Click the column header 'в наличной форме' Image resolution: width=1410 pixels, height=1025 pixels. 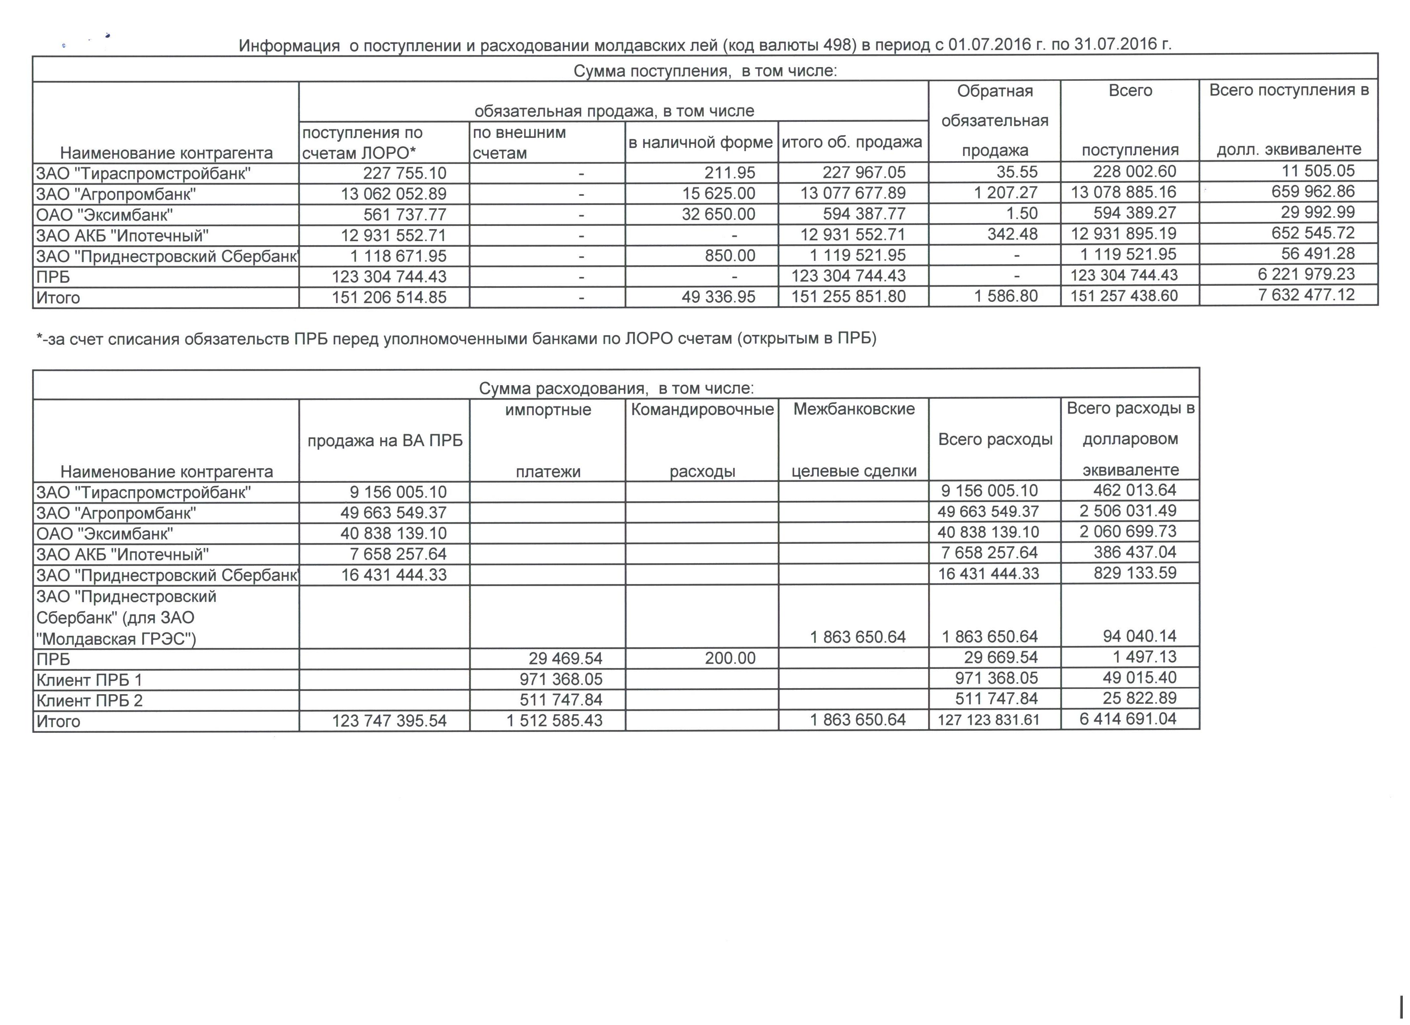pos(701,142)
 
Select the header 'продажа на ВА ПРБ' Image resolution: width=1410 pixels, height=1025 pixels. pos(385,441)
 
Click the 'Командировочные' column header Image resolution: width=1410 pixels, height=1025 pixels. pos(702,410)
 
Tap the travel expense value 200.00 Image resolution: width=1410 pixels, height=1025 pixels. pos(730,658)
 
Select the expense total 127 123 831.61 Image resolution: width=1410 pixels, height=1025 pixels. pos(988,720)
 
